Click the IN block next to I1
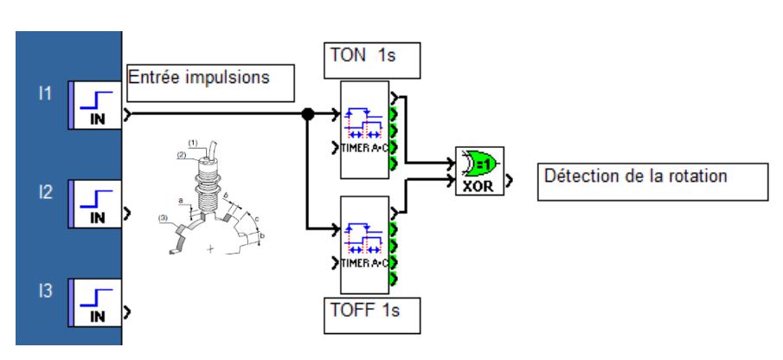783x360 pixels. click(96, 113)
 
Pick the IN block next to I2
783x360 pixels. click(96, 211)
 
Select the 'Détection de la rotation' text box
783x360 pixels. click(654, 183)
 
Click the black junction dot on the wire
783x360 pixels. click(306, 113)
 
